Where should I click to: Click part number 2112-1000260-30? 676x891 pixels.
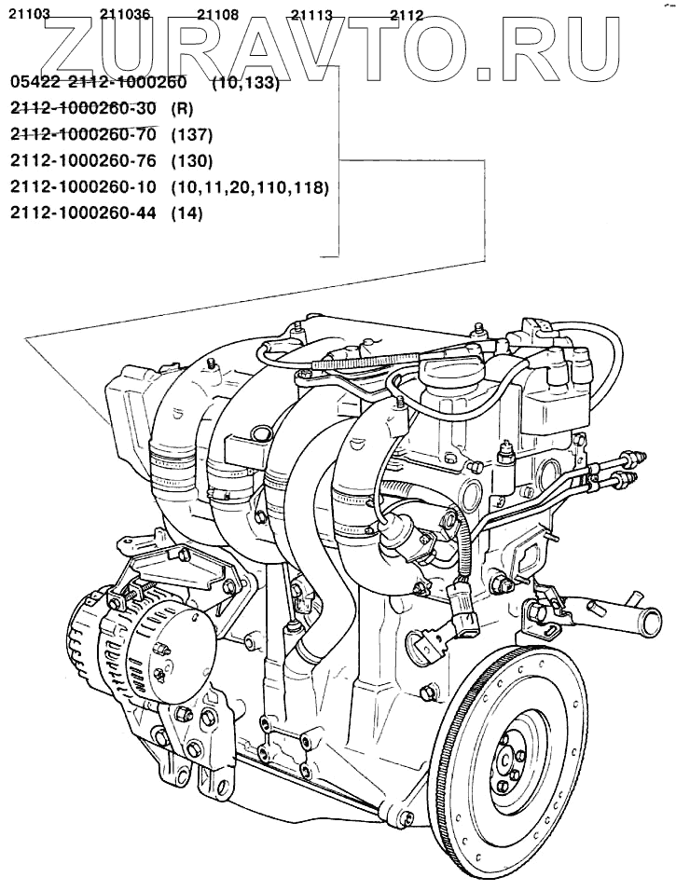pyautogui.click(x=82, y=106)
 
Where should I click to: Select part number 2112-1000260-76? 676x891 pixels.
pyautogui.click(x=82, y=159)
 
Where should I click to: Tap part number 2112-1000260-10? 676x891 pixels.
pyautogui.click(x=82, y=186)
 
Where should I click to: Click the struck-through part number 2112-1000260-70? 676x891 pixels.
pyautogui.click(x=82, y=133)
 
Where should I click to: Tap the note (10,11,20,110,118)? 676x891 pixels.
pyautogui.click(x=250, y=186)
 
